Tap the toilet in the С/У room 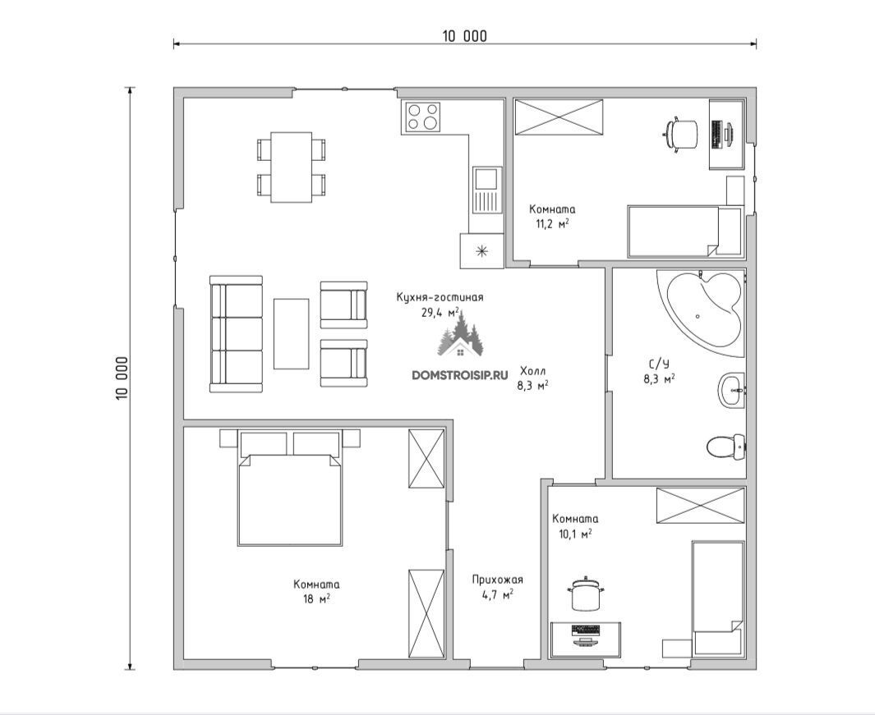click(725, 447)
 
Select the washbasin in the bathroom click(731, 390)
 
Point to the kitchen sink click(486, 190)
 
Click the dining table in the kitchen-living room click(292, 167)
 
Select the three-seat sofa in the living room click(236, 334)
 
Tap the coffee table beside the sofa click(291, 333)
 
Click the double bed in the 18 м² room click(290, 487)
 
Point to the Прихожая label click(497, 580)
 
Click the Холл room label click(533, 371)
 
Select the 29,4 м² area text click(440, 312)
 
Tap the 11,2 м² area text click(552, 224)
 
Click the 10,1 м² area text click(575, 534)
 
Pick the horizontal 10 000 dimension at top click(465, 43)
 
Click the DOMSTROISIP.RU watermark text click(460, 375)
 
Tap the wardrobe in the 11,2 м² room click(559, 117)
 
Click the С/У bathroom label click(659, 364)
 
